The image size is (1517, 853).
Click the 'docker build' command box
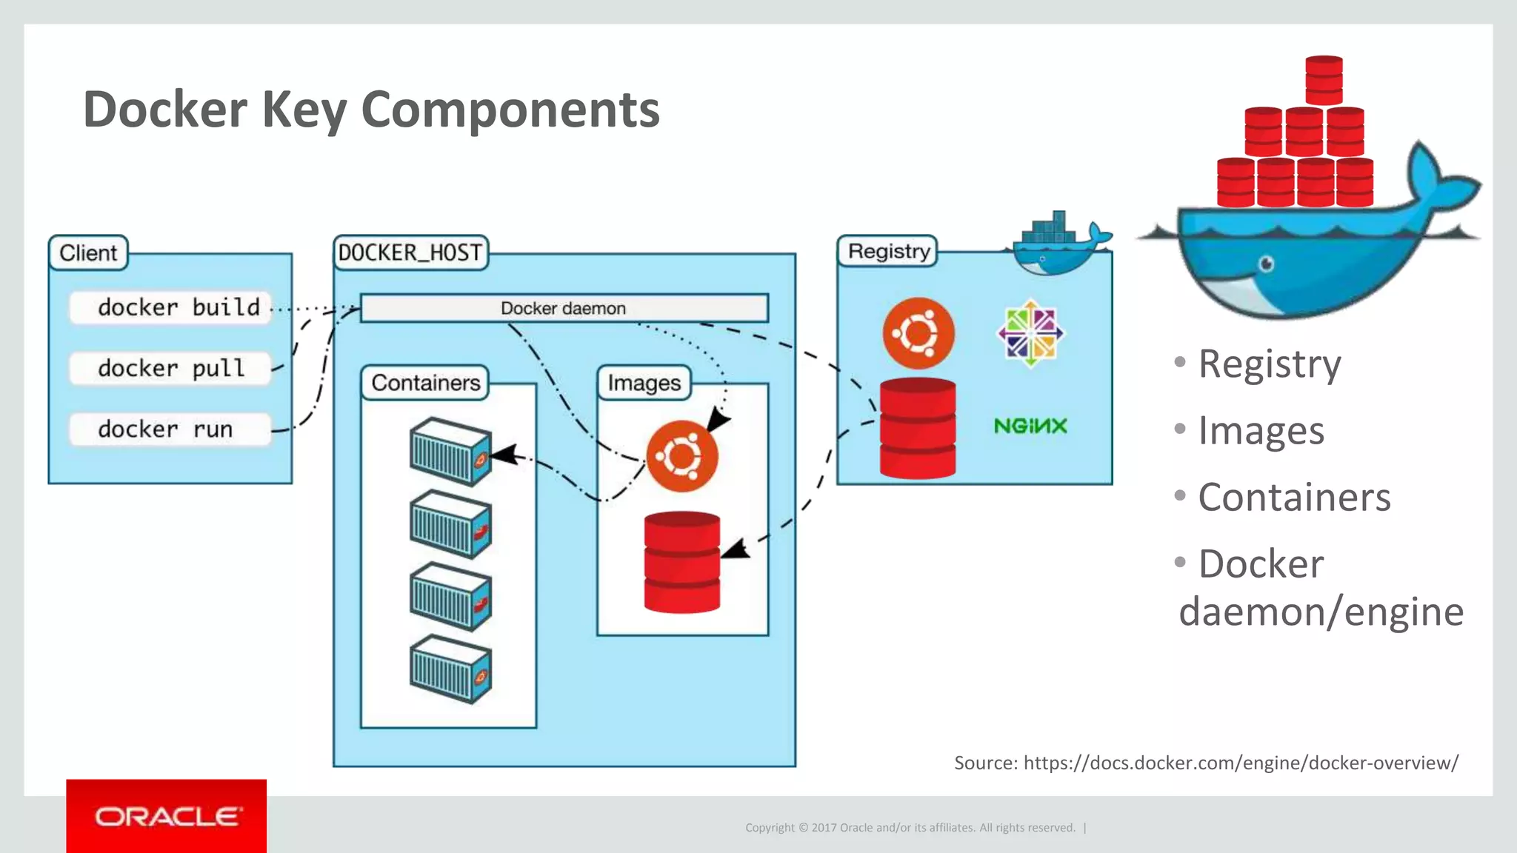[170, 307]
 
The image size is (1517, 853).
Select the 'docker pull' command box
[170, 368]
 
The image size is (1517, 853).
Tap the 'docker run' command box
[170, 429]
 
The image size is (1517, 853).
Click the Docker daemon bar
[564, 308]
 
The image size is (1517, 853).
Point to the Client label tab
[88, 253]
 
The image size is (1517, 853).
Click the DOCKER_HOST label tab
[410, 252]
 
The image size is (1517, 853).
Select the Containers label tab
[425, 383]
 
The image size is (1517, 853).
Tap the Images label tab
[644, 383]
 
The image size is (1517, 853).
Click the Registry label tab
[887, 252]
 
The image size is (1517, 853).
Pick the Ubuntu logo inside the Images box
[681, 456]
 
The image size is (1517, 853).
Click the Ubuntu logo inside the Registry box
[918, 333]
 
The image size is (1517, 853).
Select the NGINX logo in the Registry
[1030, 426]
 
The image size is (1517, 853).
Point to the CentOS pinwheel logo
[1030, 333]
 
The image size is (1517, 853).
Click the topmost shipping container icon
[450, 452]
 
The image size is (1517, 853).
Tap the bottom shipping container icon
[450, 669]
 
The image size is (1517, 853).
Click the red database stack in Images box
[681, 563]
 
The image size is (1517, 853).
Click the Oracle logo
[167, 817]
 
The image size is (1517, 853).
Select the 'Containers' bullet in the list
[1293, 497]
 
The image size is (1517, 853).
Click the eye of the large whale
[1267, 264]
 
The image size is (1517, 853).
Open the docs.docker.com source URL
[1241, 763]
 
